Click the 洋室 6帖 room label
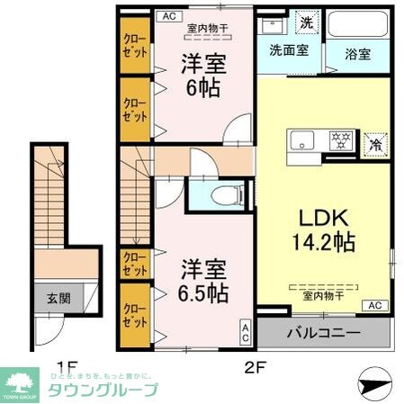(202, 76)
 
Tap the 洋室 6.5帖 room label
(202, 281)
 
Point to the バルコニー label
(324, 334)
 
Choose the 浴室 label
(358, 53)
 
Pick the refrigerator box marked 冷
(373, 142)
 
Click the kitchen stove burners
(341, 140)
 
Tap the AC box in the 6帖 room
(167, 15)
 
